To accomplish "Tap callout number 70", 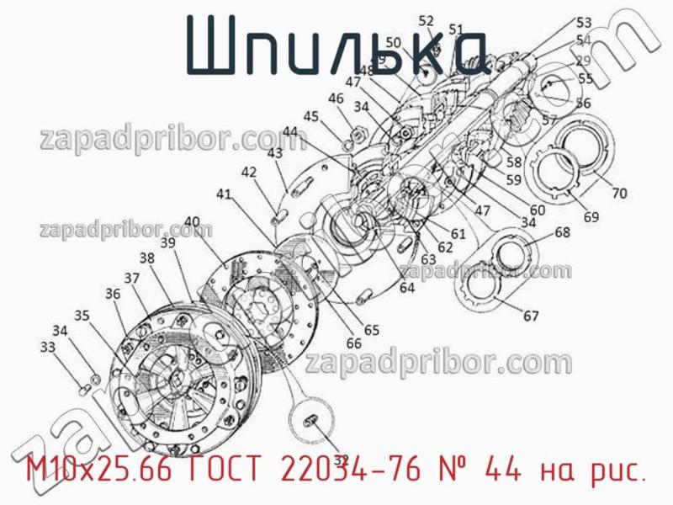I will (618, 193).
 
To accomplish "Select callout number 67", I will (531, 316).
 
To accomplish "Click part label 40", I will (192, 222).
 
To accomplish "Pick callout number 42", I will (249, 172).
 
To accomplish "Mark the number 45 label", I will (311, 116).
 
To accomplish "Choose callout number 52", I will (427, 22).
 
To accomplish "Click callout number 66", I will (354, 343).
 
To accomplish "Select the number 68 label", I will (562, 232).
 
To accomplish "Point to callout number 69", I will (591, 217).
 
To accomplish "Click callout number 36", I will (114, 294).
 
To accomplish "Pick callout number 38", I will (147, 258).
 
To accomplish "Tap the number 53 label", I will (583, 23).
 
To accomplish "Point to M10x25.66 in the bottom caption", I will (97, 472).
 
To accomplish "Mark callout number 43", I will (275, 153).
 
